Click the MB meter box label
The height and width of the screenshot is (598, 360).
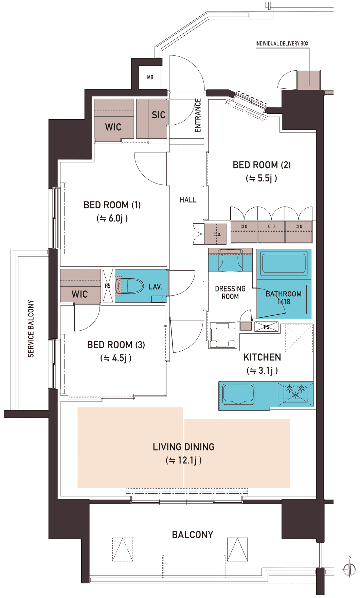pyautogui.click(x=150, y=77)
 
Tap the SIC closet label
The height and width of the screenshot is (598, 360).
pyautogui.click(x=159, y=115)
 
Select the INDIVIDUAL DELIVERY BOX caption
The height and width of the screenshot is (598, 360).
pyautogui.click(x=282, y=43)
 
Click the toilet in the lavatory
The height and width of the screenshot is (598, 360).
pyautogui.click(x=130, y=286)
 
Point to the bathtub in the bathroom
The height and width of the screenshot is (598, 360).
pyautogui.click(x=284, y=263)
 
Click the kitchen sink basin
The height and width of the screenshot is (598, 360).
pyautogui.click(x=238, y=394)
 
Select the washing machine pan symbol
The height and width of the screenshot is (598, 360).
pyautogui.click(x=223, y=335)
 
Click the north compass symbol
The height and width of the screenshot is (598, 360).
pyautogui.click(x=349, y=567)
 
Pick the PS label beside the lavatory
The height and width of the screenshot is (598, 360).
pyautogui.click(x=108, y=286)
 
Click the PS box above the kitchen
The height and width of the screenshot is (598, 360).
pyautogui.click(x=267, y=327)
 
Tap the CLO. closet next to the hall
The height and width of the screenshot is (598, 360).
pyautogui.click(x=216, y=234)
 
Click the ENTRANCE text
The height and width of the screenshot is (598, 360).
pyautogui.click(x=198, y=115)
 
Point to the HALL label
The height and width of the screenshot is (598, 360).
pyautogui.click(x=188, y=200)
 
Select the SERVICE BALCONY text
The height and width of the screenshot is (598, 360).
pyautogui.click(x=31, y=329)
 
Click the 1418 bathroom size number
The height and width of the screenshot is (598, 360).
pyautogui.click(x=284, y=302)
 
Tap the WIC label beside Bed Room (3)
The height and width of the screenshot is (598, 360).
pyautogui.click(x=80, y=294)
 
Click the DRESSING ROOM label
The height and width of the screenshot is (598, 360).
pyautogui.click(x=230, y=293)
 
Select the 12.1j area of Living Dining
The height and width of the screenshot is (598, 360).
pyautogui.click(x=184, y=460)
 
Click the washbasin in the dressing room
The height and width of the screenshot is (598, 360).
pyautogui.click(x=231, y=260)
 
